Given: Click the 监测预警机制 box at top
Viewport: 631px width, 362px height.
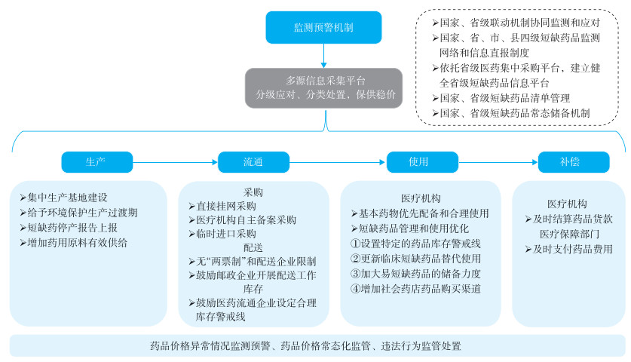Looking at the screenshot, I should point(323,27).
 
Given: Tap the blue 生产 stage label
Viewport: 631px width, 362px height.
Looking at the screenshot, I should point(97,161).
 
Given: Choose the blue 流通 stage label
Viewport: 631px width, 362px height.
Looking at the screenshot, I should point(253,161).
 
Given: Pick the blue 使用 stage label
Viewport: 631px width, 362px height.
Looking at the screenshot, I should point(418,161).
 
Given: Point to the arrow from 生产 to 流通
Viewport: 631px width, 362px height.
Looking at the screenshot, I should point(175,161).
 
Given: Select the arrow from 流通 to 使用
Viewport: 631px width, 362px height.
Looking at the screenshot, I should point(337,161).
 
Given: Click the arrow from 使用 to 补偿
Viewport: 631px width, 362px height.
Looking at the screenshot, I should point(493,161).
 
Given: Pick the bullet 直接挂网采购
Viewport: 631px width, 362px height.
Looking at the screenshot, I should point(225,205).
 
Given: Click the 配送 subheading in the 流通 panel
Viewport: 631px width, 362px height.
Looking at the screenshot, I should point(253,247).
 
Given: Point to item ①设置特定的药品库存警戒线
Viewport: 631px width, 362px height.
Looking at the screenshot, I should point(415,244).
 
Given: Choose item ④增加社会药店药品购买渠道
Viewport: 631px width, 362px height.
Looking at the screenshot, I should point(415,288).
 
